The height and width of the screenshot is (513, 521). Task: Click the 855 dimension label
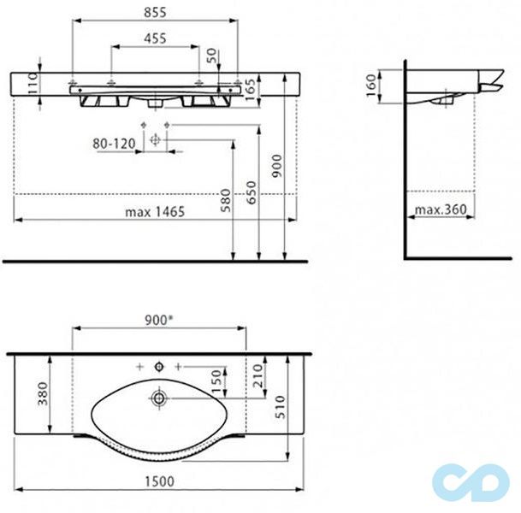click(155, 12)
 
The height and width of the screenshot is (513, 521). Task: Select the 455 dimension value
click(155, 38)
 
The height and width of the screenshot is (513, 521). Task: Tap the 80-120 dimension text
click(114, 144)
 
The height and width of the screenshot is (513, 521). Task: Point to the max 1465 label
click(155, 212)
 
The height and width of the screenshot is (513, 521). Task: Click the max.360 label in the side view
click(441, 209)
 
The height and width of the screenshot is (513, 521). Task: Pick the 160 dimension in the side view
click(371, 85)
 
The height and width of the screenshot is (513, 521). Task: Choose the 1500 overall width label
click(159, 481)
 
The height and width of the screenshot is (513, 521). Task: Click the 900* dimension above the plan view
click(159, 320)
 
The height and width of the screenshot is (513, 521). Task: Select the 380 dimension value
click(43, 393)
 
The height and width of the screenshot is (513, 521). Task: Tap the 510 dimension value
click(280, 407)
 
